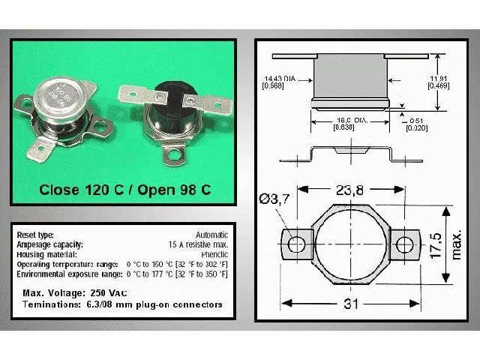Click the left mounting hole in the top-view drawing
(297, 244)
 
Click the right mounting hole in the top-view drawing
(405, 244)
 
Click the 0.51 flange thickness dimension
(417, 123)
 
